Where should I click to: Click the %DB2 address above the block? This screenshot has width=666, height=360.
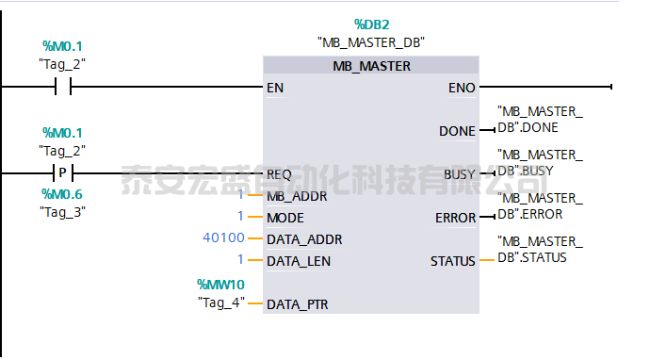371,25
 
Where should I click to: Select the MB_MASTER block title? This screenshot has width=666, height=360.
371,66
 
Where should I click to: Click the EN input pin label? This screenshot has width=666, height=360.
275,88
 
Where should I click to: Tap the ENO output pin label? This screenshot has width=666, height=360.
463,88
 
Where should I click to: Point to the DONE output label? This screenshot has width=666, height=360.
458,131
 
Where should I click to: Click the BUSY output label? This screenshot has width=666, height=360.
460,174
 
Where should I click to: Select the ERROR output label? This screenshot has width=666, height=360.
455,217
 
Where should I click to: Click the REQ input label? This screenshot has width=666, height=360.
279,174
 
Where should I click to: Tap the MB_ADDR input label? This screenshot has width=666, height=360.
297,196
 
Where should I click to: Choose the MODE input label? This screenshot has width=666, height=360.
285,217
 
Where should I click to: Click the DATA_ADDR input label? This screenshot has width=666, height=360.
304,238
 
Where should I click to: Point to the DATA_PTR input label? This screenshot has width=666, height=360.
299,303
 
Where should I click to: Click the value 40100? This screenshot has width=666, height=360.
223,238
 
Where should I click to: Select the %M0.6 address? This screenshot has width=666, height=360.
62,194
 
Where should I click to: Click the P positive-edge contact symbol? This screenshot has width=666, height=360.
63,173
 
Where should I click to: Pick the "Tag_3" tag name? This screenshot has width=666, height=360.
62,211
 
